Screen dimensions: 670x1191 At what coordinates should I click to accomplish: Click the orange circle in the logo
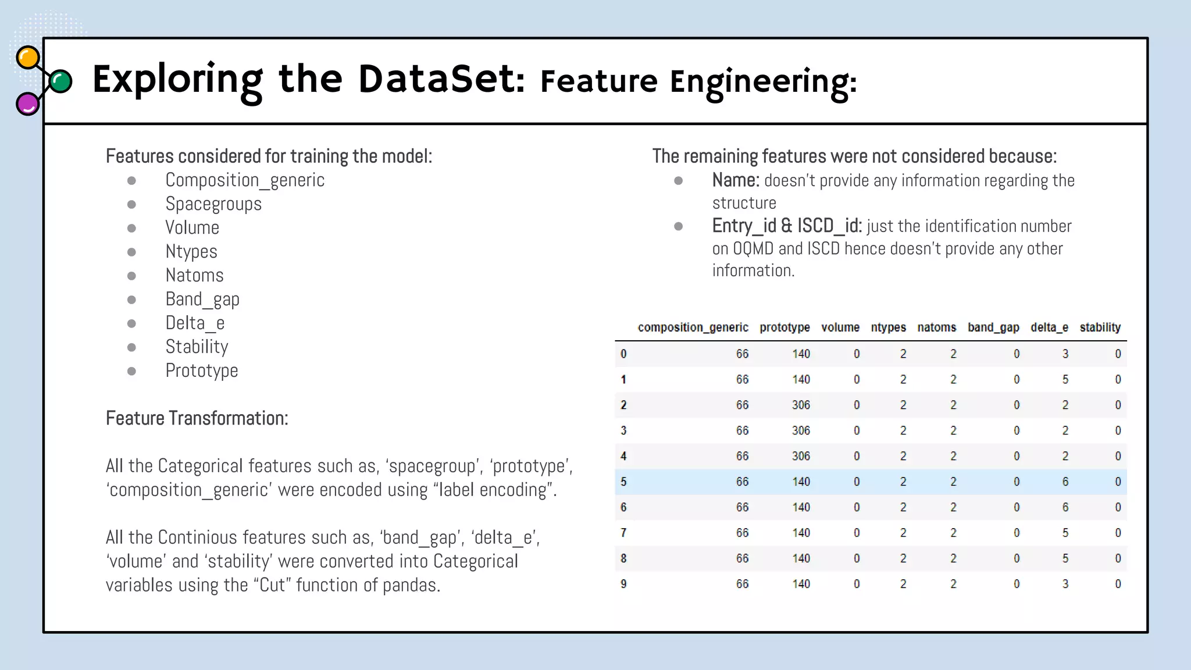[28, 58]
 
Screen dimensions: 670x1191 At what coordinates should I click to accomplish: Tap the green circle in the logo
[60, 81]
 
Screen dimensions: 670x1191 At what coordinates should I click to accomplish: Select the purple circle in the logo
[27, 104]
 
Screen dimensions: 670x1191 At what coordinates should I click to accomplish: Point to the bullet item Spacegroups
[213, 204]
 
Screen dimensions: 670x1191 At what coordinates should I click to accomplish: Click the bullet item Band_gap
[202, 300]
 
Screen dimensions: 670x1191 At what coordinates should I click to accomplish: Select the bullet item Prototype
[202, 370]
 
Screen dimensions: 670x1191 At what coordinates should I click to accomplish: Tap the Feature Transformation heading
[197, 418]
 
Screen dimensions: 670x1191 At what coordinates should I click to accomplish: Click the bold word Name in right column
[735, 181]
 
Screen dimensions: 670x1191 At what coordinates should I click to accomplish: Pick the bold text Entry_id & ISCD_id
[786, 226]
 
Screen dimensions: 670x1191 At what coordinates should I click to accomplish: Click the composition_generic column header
[693, 327]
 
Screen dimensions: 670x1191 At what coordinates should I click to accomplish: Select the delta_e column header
[1049, 327]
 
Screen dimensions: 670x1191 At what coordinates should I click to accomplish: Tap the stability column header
[1100, 327]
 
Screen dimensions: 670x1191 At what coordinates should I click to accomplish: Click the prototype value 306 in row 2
[801, 405]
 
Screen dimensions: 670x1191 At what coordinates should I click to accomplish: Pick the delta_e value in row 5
[1065, 482]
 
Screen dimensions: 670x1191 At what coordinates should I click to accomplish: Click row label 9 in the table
[623, 584]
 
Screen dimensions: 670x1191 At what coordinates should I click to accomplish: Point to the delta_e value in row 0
[1065, 354]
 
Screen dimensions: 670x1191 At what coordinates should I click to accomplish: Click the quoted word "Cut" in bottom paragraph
[272, 585]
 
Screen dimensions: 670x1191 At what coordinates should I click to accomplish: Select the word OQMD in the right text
[753, 249]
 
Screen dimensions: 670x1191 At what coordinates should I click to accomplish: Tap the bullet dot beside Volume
[132, 229]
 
